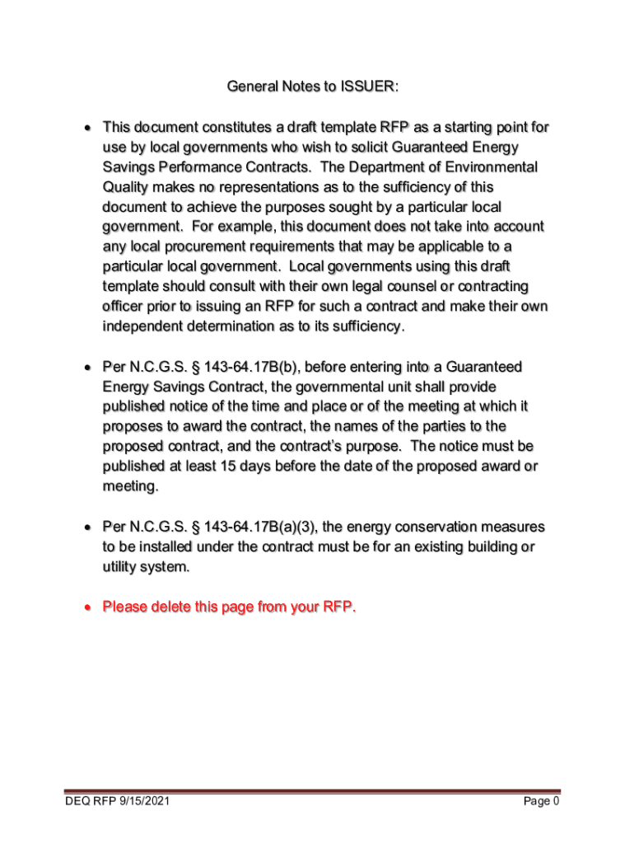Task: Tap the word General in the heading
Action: click(250, 87)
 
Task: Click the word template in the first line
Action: click(345, 127)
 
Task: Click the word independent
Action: click(142, 326)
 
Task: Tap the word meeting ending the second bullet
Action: click(128, 486)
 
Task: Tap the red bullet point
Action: click(86, 608)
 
